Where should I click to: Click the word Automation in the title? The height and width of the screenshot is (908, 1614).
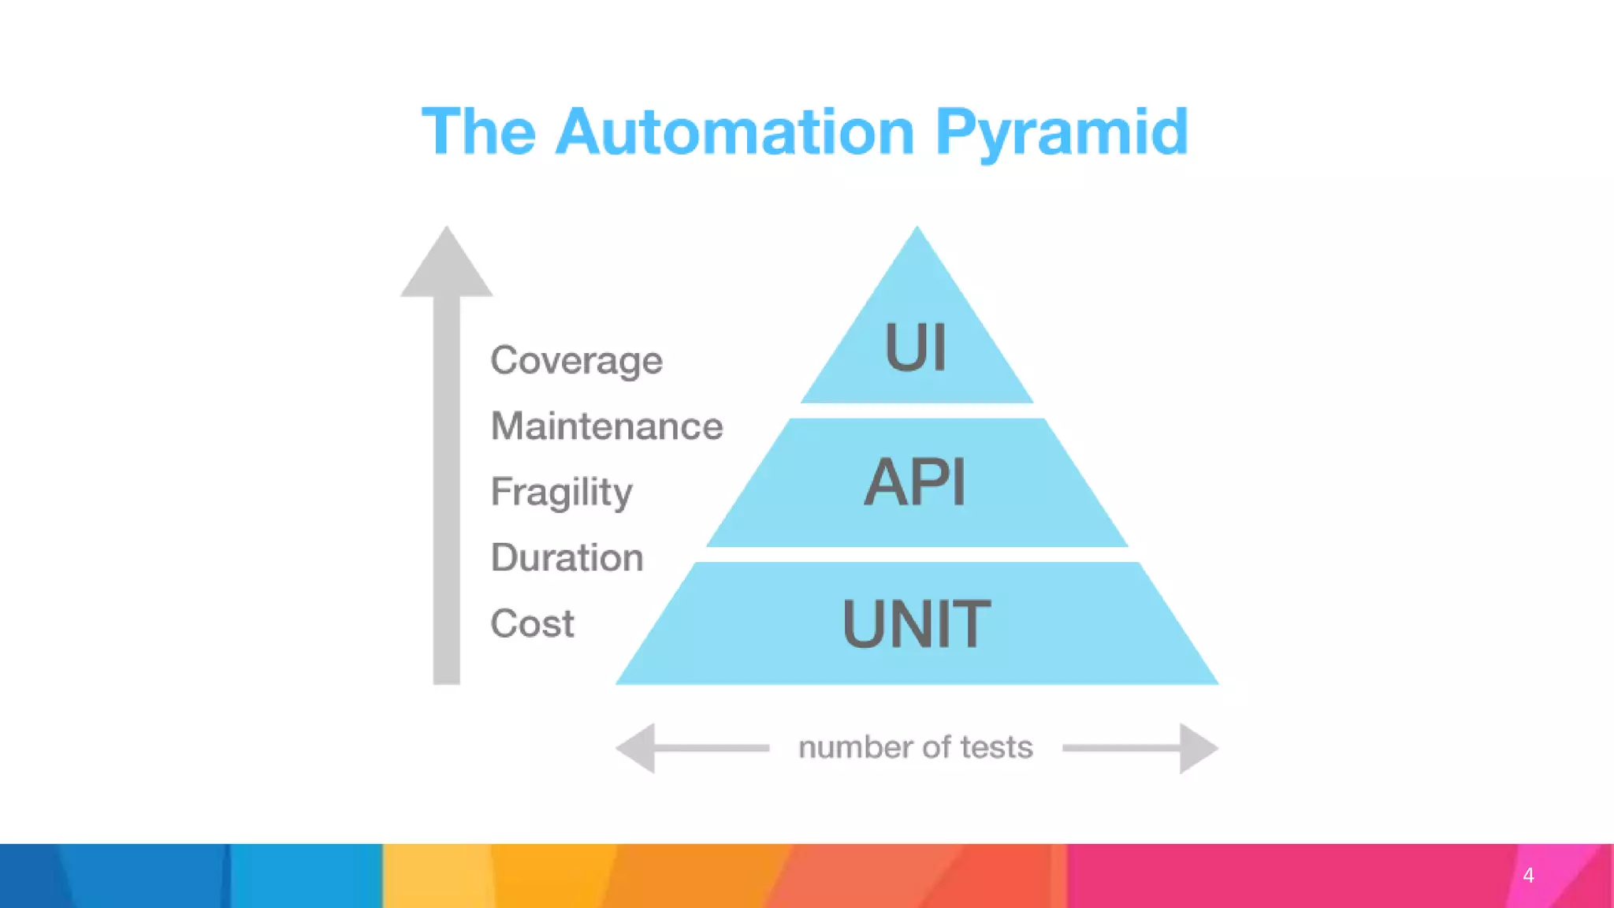(x=734, y=132)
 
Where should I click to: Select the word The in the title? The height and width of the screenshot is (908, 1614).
(x=478, y=132)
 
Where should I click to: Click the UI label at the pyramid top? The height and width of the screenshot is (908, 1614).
(x=915, y=347)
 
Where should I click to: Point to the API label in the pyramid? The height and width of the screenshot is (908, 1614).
(x=915, y=482)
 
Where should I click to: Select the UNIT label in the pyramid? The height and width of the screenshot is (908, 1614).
(x=916, y=623)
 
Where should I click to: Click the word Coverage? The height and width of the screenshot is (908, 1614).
(x=576, y=361)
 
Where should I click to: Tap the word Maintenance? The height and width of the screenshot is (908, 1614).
(x=606, y=426)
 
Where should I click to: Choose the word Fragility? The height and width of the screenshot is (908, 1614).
(x=561, y=493)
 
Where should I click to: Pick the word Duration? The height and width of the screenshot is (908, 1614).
(x=567, y=558)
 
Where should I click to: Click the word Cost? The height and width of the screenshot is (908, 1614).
(x=532, y=623)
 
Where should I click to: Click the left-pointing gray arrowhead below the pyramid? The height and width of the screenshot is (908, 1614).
(x=638, y=748)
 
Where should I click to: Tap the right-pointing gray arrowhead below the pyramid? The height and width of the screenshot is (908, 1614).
(x=1197, y=748)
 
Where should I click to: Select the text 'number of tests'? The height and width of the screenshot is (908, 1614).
(x=915, y=747)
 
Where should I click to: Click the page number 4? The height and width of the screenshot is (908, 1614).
(x=1528, y=875)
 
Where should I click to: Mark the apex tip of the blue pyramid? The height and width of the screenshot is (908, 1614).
(x=917, y=230)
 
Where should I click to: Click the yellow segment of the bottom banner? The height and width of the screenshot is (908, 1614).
(x=437, y=875)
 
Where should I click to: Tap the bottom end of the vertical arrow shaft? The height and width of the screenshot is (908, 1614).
(x=447, y=679)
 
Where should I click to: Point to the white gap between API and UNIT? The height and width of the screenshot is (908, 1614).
(x=917, y=554)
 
